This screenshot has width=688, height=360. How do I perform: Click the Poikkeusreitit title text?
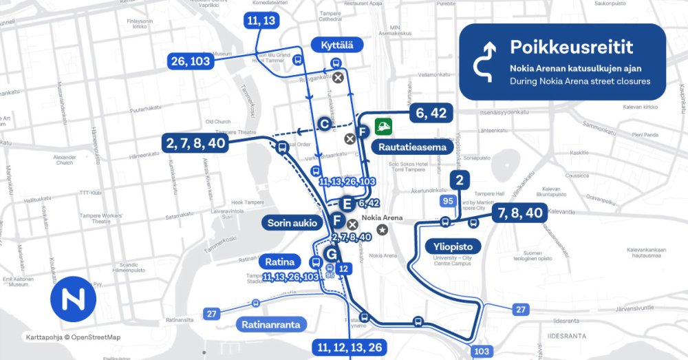(571, 47)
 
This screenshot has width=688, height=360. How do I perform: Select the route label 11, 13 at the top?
(259, 21)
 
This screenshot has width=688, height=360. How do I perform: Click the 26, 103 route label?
(190, 61)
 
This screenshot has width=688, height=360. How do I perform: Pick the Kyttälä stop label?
(337, 45)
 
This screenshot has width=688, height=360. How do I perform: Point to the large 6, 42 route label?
(432, 114)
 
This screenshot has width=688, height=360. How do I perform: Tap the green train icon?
(383, 127)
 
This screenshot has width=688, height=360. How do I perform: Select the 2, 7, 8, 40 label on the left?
(195, 142)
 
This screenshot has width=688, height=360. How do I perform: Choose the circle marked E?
(347, 203)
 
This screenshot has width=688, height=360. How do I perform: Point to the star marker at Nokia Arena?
(381, 229)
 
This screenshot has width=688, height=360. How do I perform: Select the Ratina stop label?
(280, 262)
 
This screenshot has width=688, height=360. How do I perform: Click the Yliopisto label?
(452, 246)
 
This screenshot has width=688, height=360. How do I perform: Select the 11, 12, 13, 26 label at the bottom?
(350, 346)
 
